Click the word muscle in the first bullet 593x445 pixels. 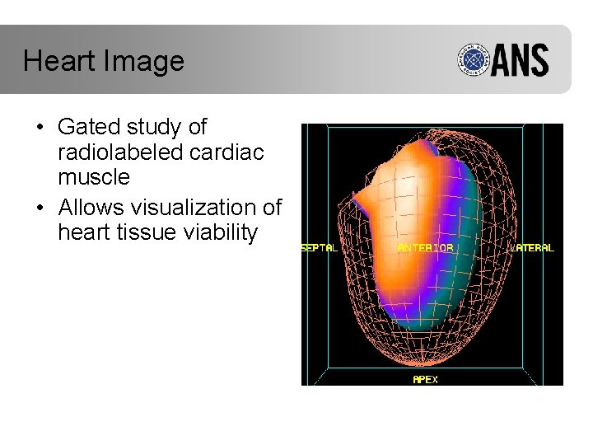click(x=94, y=177)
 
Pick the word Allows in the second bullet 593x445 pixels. click(x=92, y=207)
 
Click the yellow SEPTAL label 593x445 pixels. click(x=320, y=247)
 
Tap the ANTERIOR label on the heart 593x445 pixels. click(x=425, y=247)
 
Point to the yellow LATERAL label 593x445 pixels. click(x=533, y=247)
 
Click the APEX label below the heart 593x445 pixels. click(x=425, y=380)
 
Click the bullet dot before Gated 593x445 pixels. click(x=40, y=129)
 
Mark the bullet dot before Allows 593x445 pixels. click(x=40, y=208)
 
